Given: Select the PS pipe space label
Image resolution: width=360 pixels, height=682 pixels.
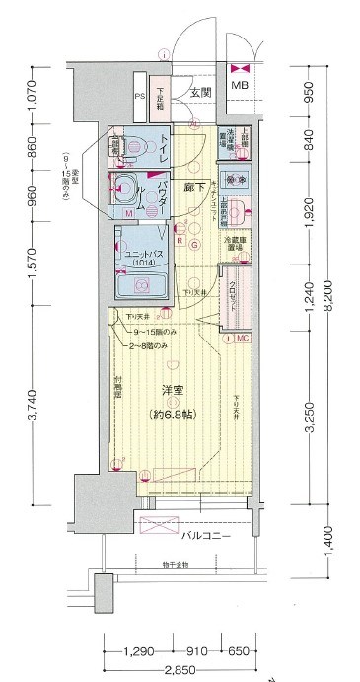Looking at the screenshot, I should pos(139,98).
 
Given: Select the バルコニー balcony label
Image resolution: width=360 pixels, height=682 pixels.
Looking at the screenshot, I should pos(206,536).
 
